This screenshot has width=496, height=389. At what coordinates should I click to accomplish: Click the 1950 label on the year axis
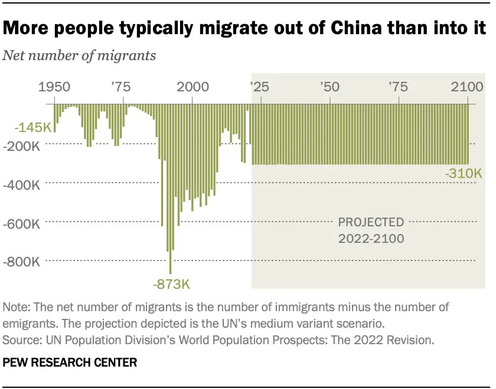(x=55, y=87)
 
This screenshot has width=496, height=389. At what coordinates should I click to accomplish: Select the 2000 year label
(x=192, y=87)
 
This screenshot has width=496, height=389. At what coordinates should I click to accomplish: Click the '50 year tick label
(x=329, y=87)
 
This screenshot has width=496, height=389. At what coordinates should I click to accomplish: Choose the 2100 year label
(x=467, y=87)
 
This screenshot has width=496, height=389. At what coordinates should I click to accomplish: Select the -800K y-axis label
(x=21, y=262)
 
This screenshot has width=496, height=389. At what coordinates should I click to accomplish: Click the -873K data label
(x=171, y=285)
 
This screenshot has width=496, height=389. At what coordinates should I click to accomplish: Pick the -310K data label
(x=464, y=174)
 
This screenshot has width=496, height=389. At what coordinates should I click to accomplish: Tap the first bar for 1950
(x=55, y=118)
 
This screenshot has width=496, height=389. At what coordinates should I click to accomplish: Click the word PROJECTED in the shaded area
(x=371, y=223)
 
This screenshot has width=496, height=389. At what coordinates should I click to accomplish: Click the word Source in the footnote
(x=21, y=340)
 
